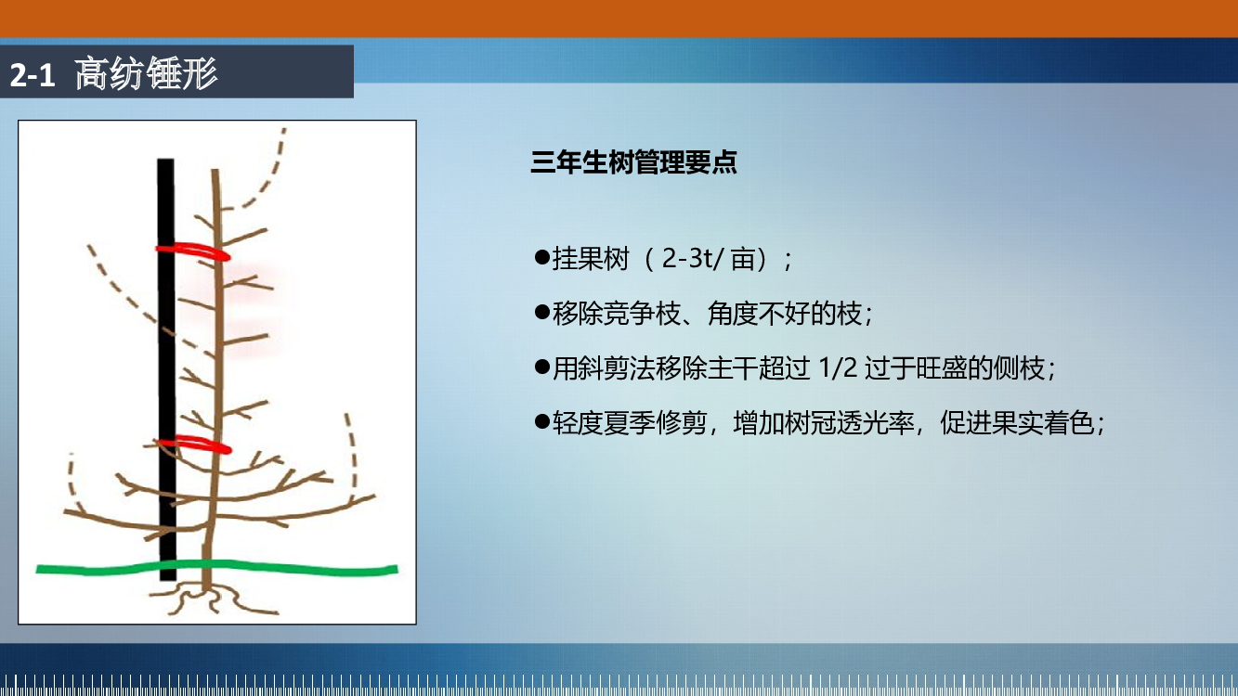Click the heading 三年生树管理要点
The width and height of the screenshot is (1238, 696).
coord(633,161)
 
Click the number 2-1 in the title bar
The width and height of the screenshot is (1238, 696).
coord(33,74)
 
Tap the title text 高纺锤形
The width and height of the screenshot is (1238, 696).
coord(147,73)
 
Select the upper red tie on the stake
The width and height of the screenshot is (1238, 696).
coord(193,251)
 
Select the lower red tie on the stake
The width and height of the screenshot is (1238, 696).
coord(193,445)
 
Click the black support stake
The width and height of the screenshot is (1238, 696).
coord(166,369)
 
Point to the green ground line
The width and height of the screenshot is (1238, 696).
coord(216,568)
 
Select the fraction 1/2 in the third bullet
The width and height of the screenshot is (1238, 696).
coord(838,367)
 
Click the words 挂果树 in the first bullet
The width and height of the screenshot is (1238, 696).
coord(591,259)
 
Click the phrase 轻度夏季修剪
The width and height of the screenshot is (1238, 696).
coord(630,423)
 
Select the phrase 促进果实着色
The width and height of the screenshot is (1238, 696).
coord(1018,423)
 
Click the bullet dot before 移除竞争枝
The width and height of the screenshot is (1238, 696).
coord(542,312)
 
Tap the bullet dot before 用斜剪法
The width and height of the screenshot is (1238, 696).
coord(542,367)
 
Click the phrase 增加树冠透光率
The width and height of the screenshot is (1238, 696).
coord(824,423)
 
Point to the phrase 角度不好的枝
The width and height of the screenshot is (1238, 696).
coord(785,314)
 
